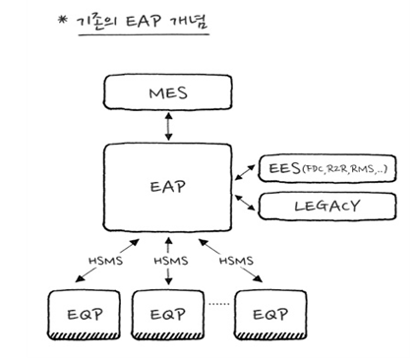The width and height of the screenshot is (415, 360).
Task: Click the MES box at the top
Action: tap(170, 95)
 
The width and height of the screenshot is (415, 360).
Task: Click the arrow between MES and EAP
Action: tap(170, 125)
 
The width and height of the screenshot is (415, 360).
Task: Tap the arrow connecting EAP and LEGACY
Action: tap(245, 200)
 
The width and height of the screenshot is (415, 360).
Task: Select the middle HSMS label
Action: tap(170, 263)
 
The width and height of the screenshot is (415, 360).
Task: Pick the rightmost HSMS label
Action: tap(235, 263)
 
